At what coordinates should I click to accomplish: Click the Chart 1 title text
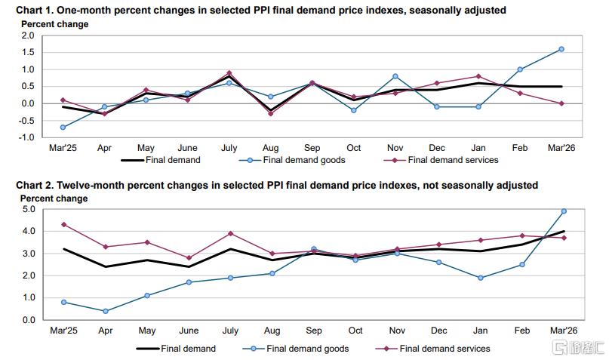pos(257,10)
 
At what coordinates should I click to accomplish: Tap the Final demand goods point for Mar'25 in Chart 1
pos(63,128)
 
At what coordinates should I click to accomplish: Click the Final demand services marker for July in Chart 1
pos(229,73)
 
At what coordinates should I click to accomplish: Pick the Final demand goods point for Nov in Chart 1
pos(395,76)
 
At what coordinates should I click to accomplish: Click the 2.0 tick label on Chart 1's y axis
pos(28,35)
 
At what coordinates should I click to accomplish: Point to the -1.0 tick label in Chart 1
pos(26,137)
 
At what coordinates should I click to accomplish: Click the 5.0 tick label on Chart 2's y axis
pos(28,209)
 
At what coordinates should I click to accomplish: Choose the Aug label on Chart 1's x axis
pos(271,149)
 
